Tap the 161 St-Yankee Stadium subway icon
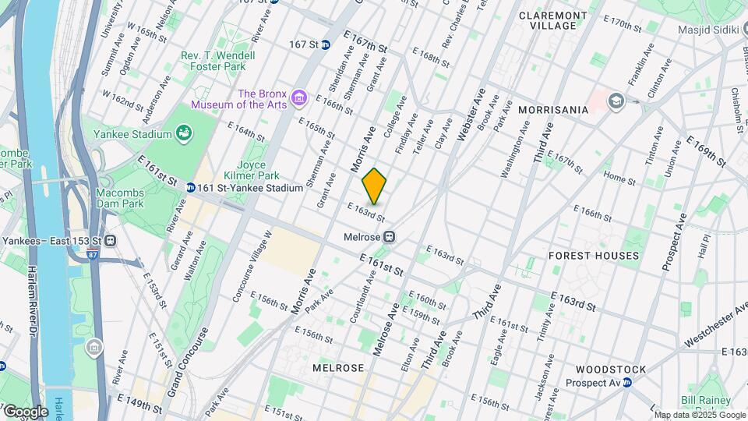click(190, 188)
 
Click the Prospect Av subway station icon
click(626, 382)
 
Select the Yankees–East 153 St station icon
click(111, 240)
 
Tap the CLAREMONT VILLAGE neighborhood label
click(553, 20)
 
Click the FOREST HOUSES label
click(594, 256)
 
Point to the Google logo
click(26, 411)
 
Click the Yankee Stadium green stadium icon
click(184, 134)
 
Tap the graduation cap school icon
click(616, 101)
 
